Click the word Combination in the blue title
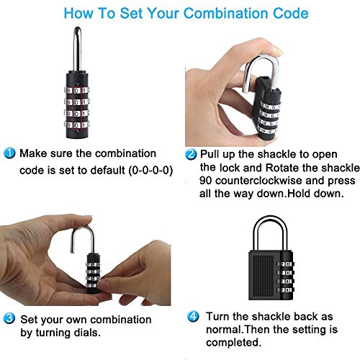[225, 13]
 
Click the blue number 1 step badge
[9, 153]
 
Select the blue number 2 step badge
[191, 154]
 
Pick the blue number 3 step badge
[9, 318]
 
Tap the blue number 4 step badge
[193, 316]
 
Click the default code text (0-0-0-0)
[150, 171]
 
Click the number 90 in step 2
[205, 181]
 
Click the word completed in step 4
[233, 343]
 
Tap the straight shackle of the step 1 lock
[77, 49]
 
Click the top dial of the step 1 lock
[76, 91]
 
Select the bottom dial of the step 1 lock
[76, 125]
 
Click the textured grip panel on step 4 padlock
[264, 276]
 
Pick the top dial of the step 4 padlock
[286, 264]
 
